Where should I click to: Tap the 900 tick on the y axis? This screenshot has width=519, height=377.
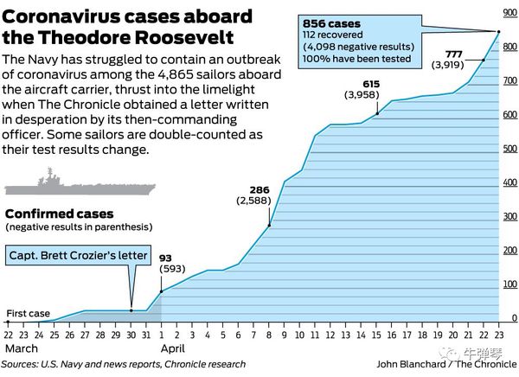click(x=510, y=12)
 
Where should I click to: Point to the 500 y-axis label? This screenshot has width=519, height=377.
click(x=510, y=149)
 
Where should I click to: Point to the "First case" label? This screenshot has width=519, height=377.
click(x=28, y=314)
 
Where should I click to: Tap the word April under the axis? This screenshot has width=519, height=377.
click(x=172, y=348)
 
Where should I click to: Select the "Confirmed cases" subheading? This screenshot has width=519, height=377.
click(x=54, y=214)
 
